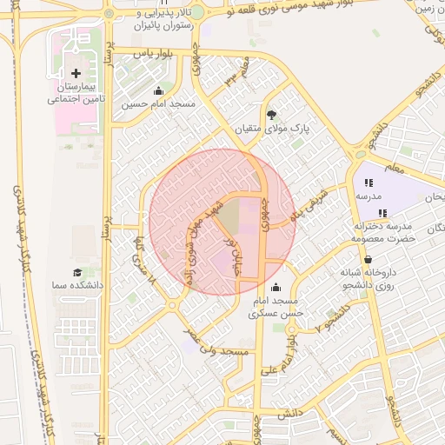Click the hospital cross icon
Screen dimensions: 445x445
(x=76, y=74)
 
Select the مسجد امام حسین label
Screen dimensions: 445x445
(x=158, y=104)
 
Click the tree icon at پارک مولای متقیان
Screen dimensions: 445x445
(x=271, y=114)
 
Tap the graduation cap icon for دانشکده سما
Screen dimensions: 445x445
(x=79, y=271)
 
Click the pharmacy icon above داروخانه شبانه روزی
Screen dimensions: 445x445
(x=368, y=259)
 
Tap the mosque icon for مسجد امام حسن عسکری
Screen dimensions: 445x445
(x=276, y=288)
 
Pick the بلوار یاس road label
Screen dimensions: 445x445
(x=149, y=54)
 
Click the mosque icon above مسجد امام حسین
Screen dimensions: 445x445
(x=158, y=90)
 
